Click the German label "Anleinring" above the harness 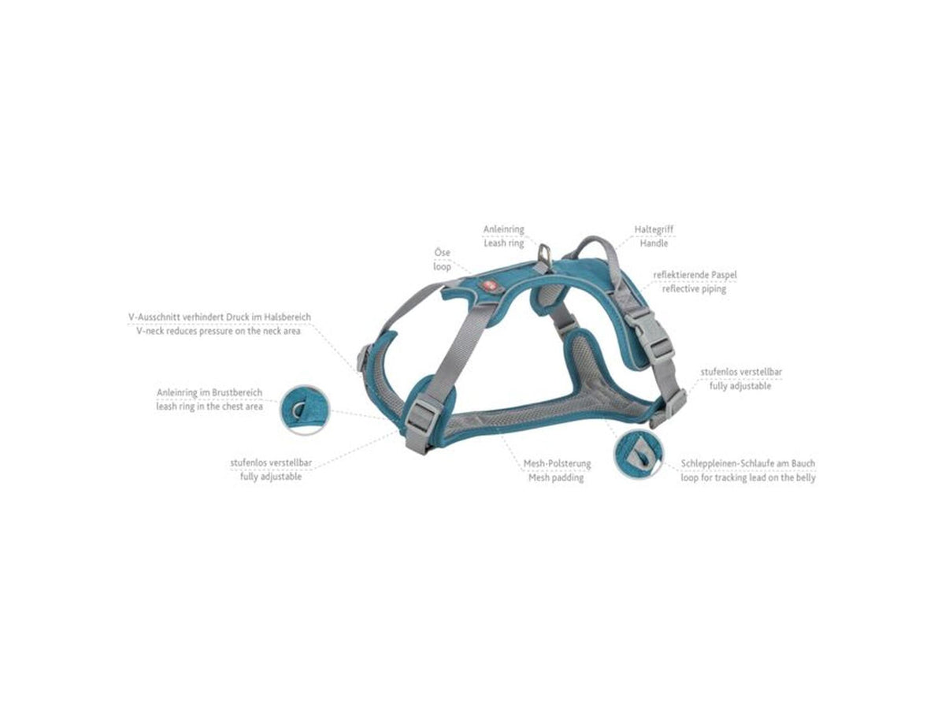coord(503,229)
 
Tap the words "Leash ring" coord(504,243)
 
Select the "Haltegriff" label coord(654,229)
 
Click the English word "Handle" coord(654,243)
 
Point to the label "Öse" coord(442,253)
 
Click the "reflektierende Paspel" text coord(695,275)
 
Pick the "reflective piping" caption coord(694,289)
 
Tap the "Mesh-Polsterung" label coord(557,464)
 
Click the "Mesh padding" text coord(556,478)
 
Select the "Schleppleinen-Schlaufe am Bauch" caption coord(748,464)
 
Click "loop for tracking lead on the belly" coord(748,478)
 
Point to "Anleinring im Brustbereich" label coord(209,392)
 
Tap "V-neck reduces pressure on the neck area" coord(218,331)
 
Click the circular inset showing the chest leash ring coord(305,410)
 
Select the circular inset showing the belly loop coord(639,453)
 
